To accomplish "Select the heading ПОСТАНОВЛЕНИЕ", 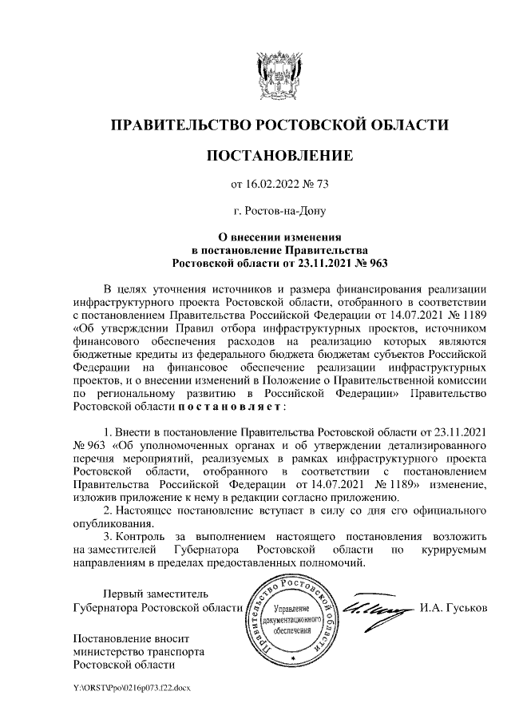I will [x=279, y=156].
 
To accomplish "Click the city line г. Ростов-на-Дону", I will [x=279, y=213].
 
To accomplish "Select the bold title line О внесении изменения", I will [x=279, y=236].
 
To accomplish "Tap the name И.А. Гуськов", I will [x=452, y=609].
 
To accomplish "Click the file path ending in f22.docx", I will [x=129, y=686].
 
